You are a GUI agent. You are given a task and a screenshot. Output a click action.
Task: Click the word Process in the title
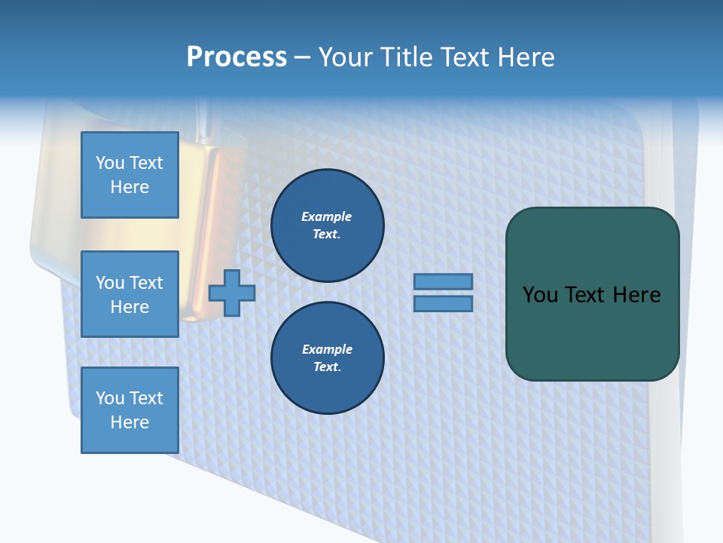pyautogui.click(x=236, y=57)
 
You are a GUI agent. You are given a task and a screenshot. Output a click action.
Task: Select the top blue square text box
pyautogui.click(x=130, y=175)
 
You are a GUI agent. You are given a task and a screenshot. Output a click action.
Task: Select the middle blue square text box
pyautogui.click(x=130, y=294)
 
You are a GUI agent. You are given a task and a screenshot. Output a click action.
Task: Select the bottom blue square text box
pyautogui.click(x=130, y=410)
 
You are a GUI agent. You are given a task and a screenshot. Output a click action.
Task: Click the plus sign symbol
pyautogui.click(x=232, y=293)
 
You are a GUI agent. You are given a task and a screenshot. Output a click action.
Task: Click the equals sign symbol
pyautogui.click(x=443, y=293)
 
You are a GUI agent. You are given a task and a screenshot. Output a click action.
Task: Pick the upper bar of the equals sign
pyautogui.click(x=443, y=281)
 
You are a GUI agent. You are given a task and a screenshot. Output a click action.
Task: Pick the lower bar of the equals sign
pyautogui.click(x=443, y=304)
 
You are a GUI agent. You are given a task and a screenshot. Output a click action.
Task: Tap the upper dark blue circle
pyautogui.click(x=327, y=225)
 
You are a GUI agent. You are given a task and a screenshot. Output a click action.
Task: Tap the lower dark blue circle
pyautogui.click(x=327, y=357)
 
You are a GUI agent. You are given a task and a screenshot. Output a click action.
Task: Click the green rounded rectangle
pyautogui.click(x=592, y=294)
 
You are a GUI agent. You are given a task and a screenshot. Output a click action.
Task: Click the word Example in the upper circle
pyautogui.click(x=327, y=216)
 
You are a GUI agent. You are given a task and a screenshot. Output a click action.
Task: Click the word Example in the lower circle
pyautogui.click(x=327, y=349)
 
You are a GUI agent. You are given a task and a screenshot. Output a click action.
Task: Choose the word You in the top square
pyautogui.click(x=110, y=163)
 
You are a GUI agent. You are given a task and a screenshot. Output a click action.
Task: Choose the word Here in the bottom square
pyautogui.click(x=130, y=422)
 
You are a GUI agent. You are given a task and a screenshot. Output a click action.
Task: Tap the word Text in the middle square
pyautogui.click(x=145, y=283)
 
